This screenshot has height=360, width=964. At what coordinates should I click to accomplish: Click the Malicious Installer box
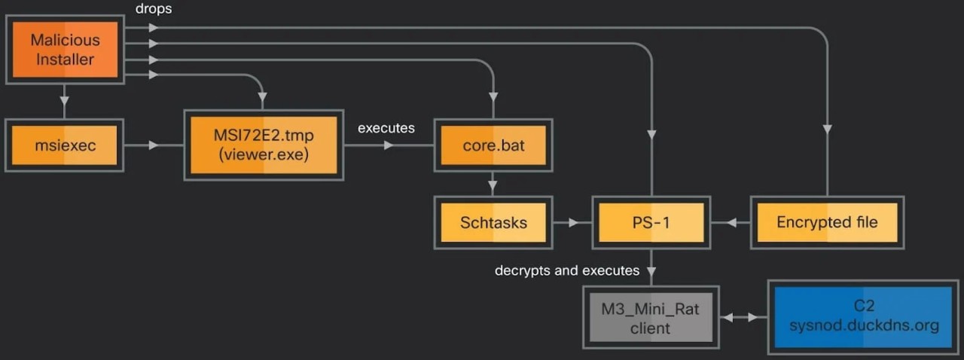tap(66, 50)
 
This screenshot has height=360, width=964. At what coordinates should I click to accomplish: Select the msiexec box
tap(66, 145)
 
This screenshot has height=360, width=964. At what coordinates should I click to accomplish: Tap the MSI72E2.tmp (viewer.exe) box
tap(264, 145)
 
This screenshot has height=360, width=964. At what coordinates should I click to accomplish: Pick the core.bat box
tap(493, 145)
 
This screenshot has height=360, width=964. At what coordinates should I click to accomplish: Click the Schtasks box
tap(493, 223)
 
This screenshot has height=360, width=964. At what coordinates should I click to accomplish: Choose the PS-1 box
tap(651, 223)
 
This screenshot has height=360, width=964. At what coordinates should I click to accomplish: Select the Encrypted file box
tap(826, 223)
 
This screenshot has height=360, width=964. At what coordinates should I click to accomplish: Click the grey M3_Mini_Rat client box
tap(651, 318)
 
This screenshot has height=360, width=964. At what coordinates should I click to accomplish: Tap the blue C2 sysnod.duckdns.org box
tap(863, 316)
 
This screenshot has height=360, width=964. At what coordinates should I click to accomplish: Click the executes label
tap(386, 128)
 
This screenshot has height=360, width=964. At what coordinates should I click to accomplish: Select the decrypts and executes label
tap(567, 270)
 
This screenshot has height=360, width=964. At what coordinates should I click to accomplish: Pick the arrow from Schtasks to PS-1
tap(572, 223)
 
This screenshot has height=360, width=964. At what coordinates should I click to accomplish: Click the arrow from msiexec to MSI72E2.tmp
tap(154, 145)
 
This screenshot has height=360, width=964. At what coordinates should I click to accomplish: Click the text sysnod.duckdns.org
tap(863, 326)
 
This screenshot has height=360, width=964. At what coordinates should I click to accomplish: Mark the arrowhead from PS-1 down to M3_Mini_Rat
tap(651, 270)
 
